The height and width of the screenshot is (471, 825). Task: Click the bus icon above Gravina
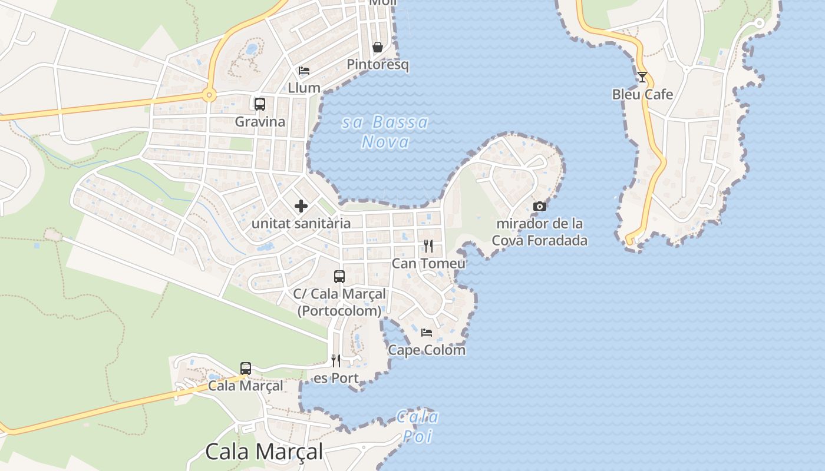[x=259, y=104]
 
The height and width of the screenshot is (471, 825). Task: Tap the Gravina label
[x=260, y=122]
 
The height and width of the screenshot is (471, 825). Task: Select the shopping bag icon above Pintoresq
[x=378, y=47]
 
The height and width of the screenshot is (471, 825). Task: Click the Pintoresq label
[x=378, y=64]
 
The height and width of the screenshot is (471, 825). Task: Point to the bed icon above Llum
[x=304, y=71]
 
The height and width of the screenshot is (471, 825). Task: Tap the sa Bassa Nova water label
[x=385, y=132]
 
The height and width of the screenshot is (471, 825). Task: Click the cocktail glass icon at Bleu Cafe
[x=642, y=77]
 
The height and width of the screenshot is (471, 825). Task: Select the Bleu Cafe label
[x=642, y=94]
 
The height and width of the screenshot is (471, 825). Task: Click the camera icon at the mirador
[x=539, y=206]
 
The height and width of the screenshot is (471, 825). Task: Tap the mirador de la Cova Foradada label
[x=539, y=232]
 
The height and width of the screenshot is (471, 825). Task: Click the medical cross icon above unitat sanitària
[x=301, y=206]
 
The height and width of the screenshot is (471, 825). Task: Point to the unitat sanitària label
[x=301, y=223]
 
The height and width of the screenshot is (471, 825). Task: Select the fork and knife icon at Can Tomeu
[x=428, y=246]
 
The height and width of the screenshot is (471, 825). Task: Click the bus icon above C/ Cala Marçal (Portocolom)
[x=339, y=276]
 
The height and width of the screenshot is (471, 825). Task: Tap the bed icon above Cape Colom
[x=427, y=333]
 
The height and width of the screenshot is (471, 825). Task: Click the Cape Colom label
[x=427, y=350]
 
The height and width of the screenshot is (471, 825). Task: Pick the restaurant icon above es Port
[x=336, y=360]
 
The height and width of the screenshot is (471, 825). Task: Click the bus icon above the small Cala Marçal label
[x=246, y=369]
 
